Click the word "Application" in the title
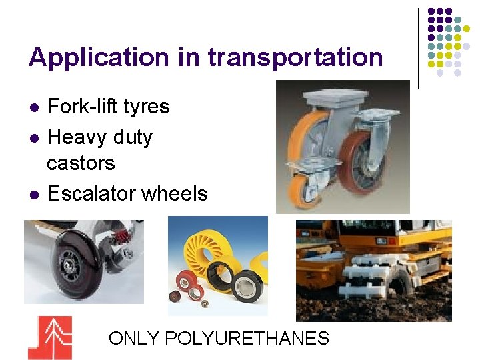99,59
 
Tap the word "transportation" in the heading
295,57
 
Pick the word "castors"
81,163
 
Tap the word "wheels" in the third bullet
174,194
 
